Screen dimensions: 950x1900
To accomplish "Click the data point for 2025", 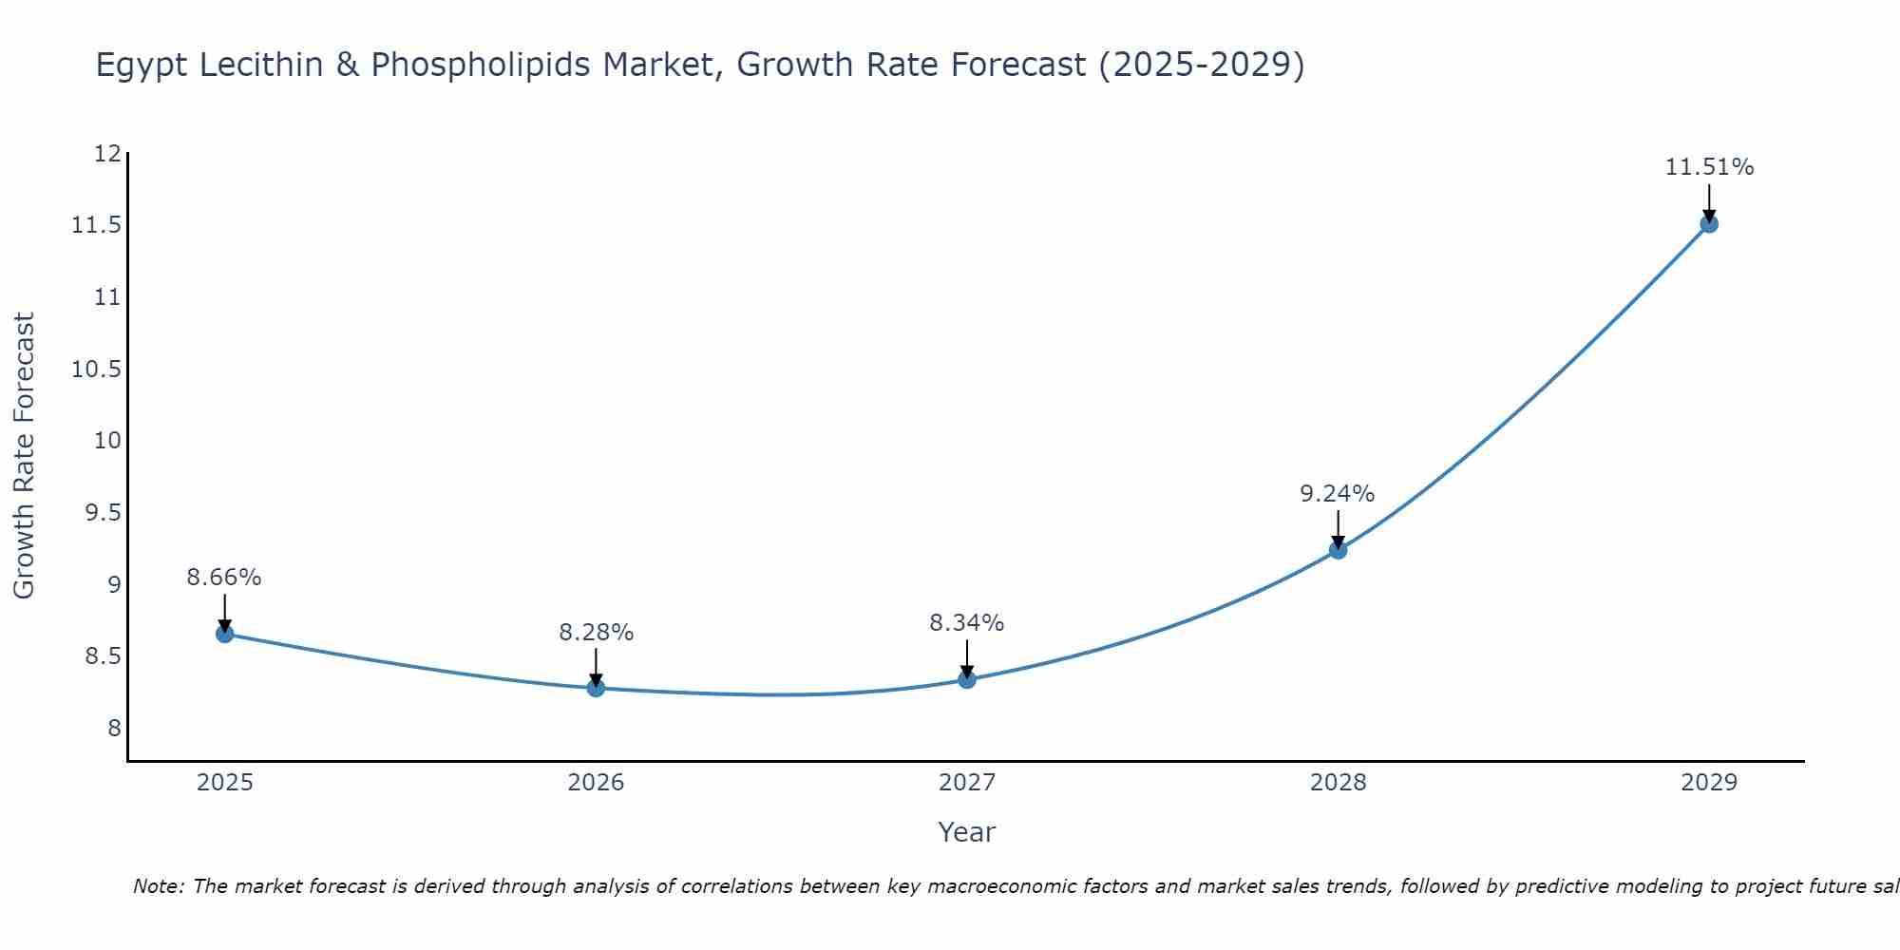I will click(x=224, y=634).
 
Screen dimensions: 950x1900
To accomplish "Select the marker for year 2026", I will click(x=596, y=688).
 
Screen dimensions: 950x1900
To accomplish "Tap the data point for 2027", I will click(x=967, y=679).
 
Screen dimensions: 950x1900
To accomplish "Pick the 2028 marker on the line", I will click(x=1338, y=550).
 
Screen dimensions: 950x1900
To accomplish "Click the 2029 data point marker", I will click(x=1709, y=224).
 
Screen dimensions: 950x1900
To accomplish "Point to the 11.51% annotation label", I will click(x=1709, y=167).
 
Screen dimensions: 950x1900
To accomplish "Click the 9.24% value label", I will click(x=1337, y=494).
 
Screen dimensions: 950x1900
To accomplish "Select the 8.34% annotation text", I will click(x=966, y=623).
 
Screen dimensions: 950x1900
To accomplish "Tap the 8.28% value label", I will click(x=596, y=633).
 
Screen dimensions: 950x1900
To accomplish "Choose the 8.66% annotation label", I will click(x=224, y=578).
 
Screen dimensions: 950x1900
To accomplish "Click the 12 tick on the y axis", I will click(x=108, y=154).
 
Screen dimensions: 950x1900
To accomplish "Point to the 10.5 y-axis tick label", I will click(x=97, y=369).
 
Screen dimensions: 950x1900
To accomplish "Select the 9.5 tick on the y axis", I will click(x=103, y=513).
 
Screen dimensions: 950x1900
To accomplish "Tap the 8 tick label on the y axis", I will click(x=114, y=729).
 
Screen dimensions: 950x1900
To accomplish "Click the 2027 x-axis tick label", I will click(x=967, y=783).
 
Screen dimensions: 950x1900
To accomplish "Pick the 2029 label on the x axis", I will click(x=1709, y=783).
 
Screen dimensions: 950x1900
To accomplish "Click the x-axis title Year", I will click(x=966, y=832).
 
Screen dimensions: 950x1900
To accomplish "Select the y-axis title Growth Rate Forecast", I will click(x=24, y=456).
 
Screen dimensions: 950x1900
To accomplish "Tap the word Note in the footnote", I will click(x=158, y=886).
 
